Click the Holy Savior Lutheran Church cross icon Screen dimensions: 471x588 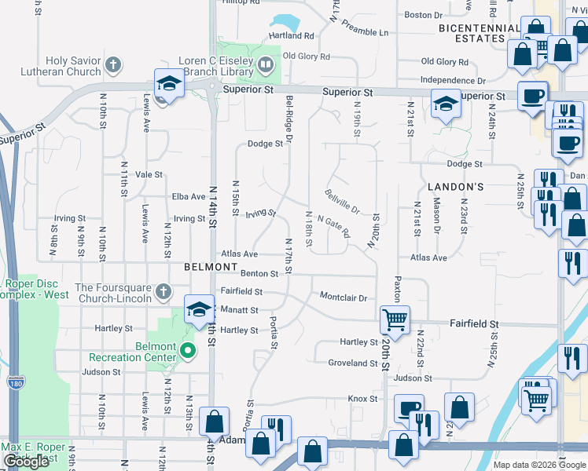pyautogui.click(x=113, y=64)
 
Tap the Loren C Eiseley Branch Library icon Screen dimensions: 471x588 pyautogui.click(x=266, y=64)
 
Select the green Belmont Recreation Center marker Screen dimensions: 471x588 pyautogui.click(x=187, y=350)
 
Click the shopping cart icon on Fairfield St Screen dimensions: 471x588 pyautogui.click(x=395, y=319)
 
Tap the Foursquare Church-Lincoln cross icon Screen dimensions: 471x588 pyautogui.click(x=163, y=293)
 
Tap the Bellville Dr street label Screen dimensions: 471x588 pyautogui.click(x=342, y=201)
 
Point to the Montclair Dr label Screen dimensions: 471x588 pyautogui.click(x=344, y=298)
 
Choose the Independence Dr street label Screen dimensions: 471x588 pyautogui.click(x=453, y=80)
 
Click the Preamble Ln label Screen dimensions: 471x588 pyautogui.click(x=365, y=32)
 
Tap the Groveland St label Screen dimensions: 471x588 pyautogui.click(x=353, y=363)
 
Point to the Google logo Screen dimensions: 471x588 pyautogui.click(x=26, y=462)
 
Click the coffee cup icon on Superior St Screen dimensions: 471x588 pyautogui.click(x=531, y=95)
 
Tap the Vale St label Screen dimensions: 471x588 pyautogui.click(x=149, y=175)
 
